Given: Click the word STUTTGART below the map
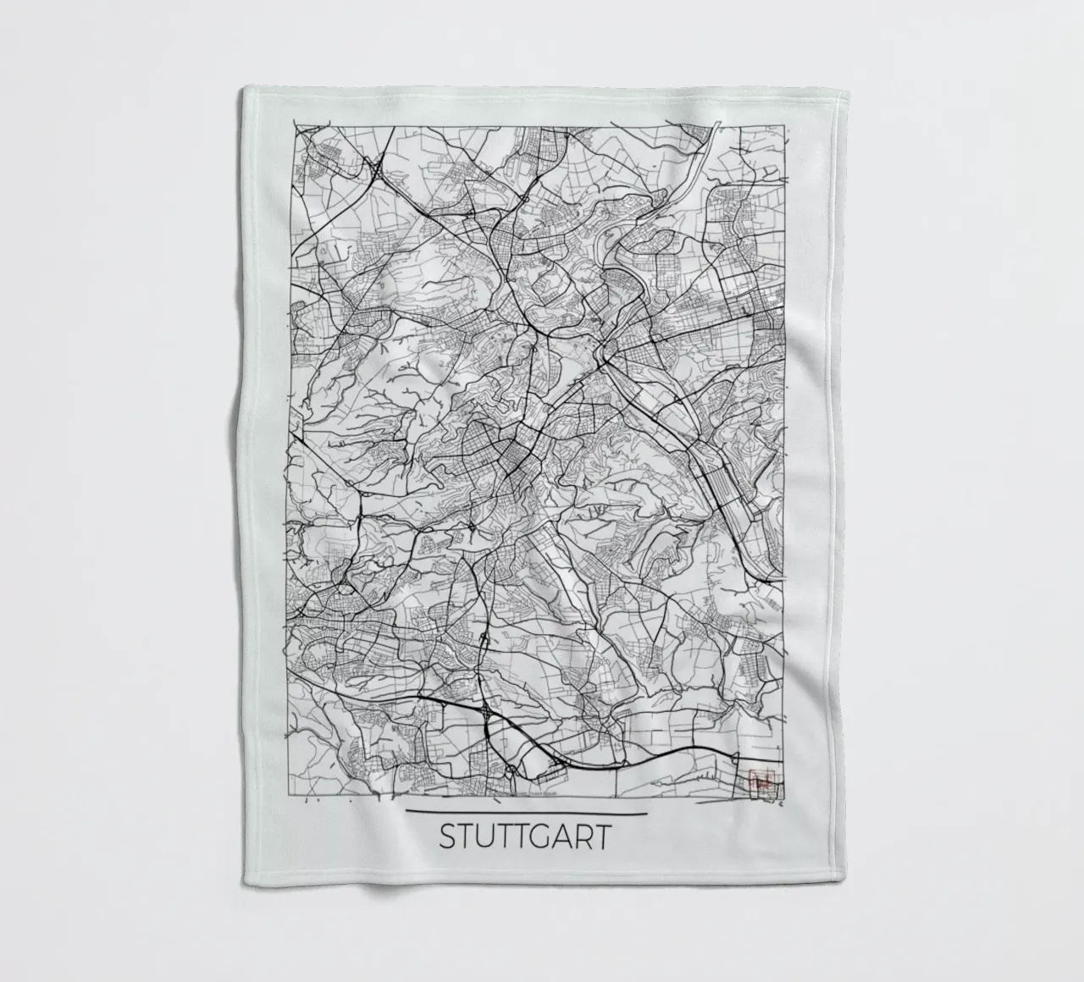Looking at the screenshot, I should (x=524, y=837).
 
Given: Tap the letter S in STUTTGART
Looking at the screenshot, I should (x=448, y=837).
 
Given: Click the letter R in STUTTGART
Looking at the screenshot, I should (x=585, y=837).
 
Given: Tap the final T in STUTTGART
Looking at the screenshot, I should (x=602, y=837).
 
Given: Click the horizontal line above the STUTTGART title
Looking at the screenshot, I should (x=526, y=814).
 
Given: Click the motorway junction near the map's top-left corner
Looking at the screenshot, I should (x=374, y=173).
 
